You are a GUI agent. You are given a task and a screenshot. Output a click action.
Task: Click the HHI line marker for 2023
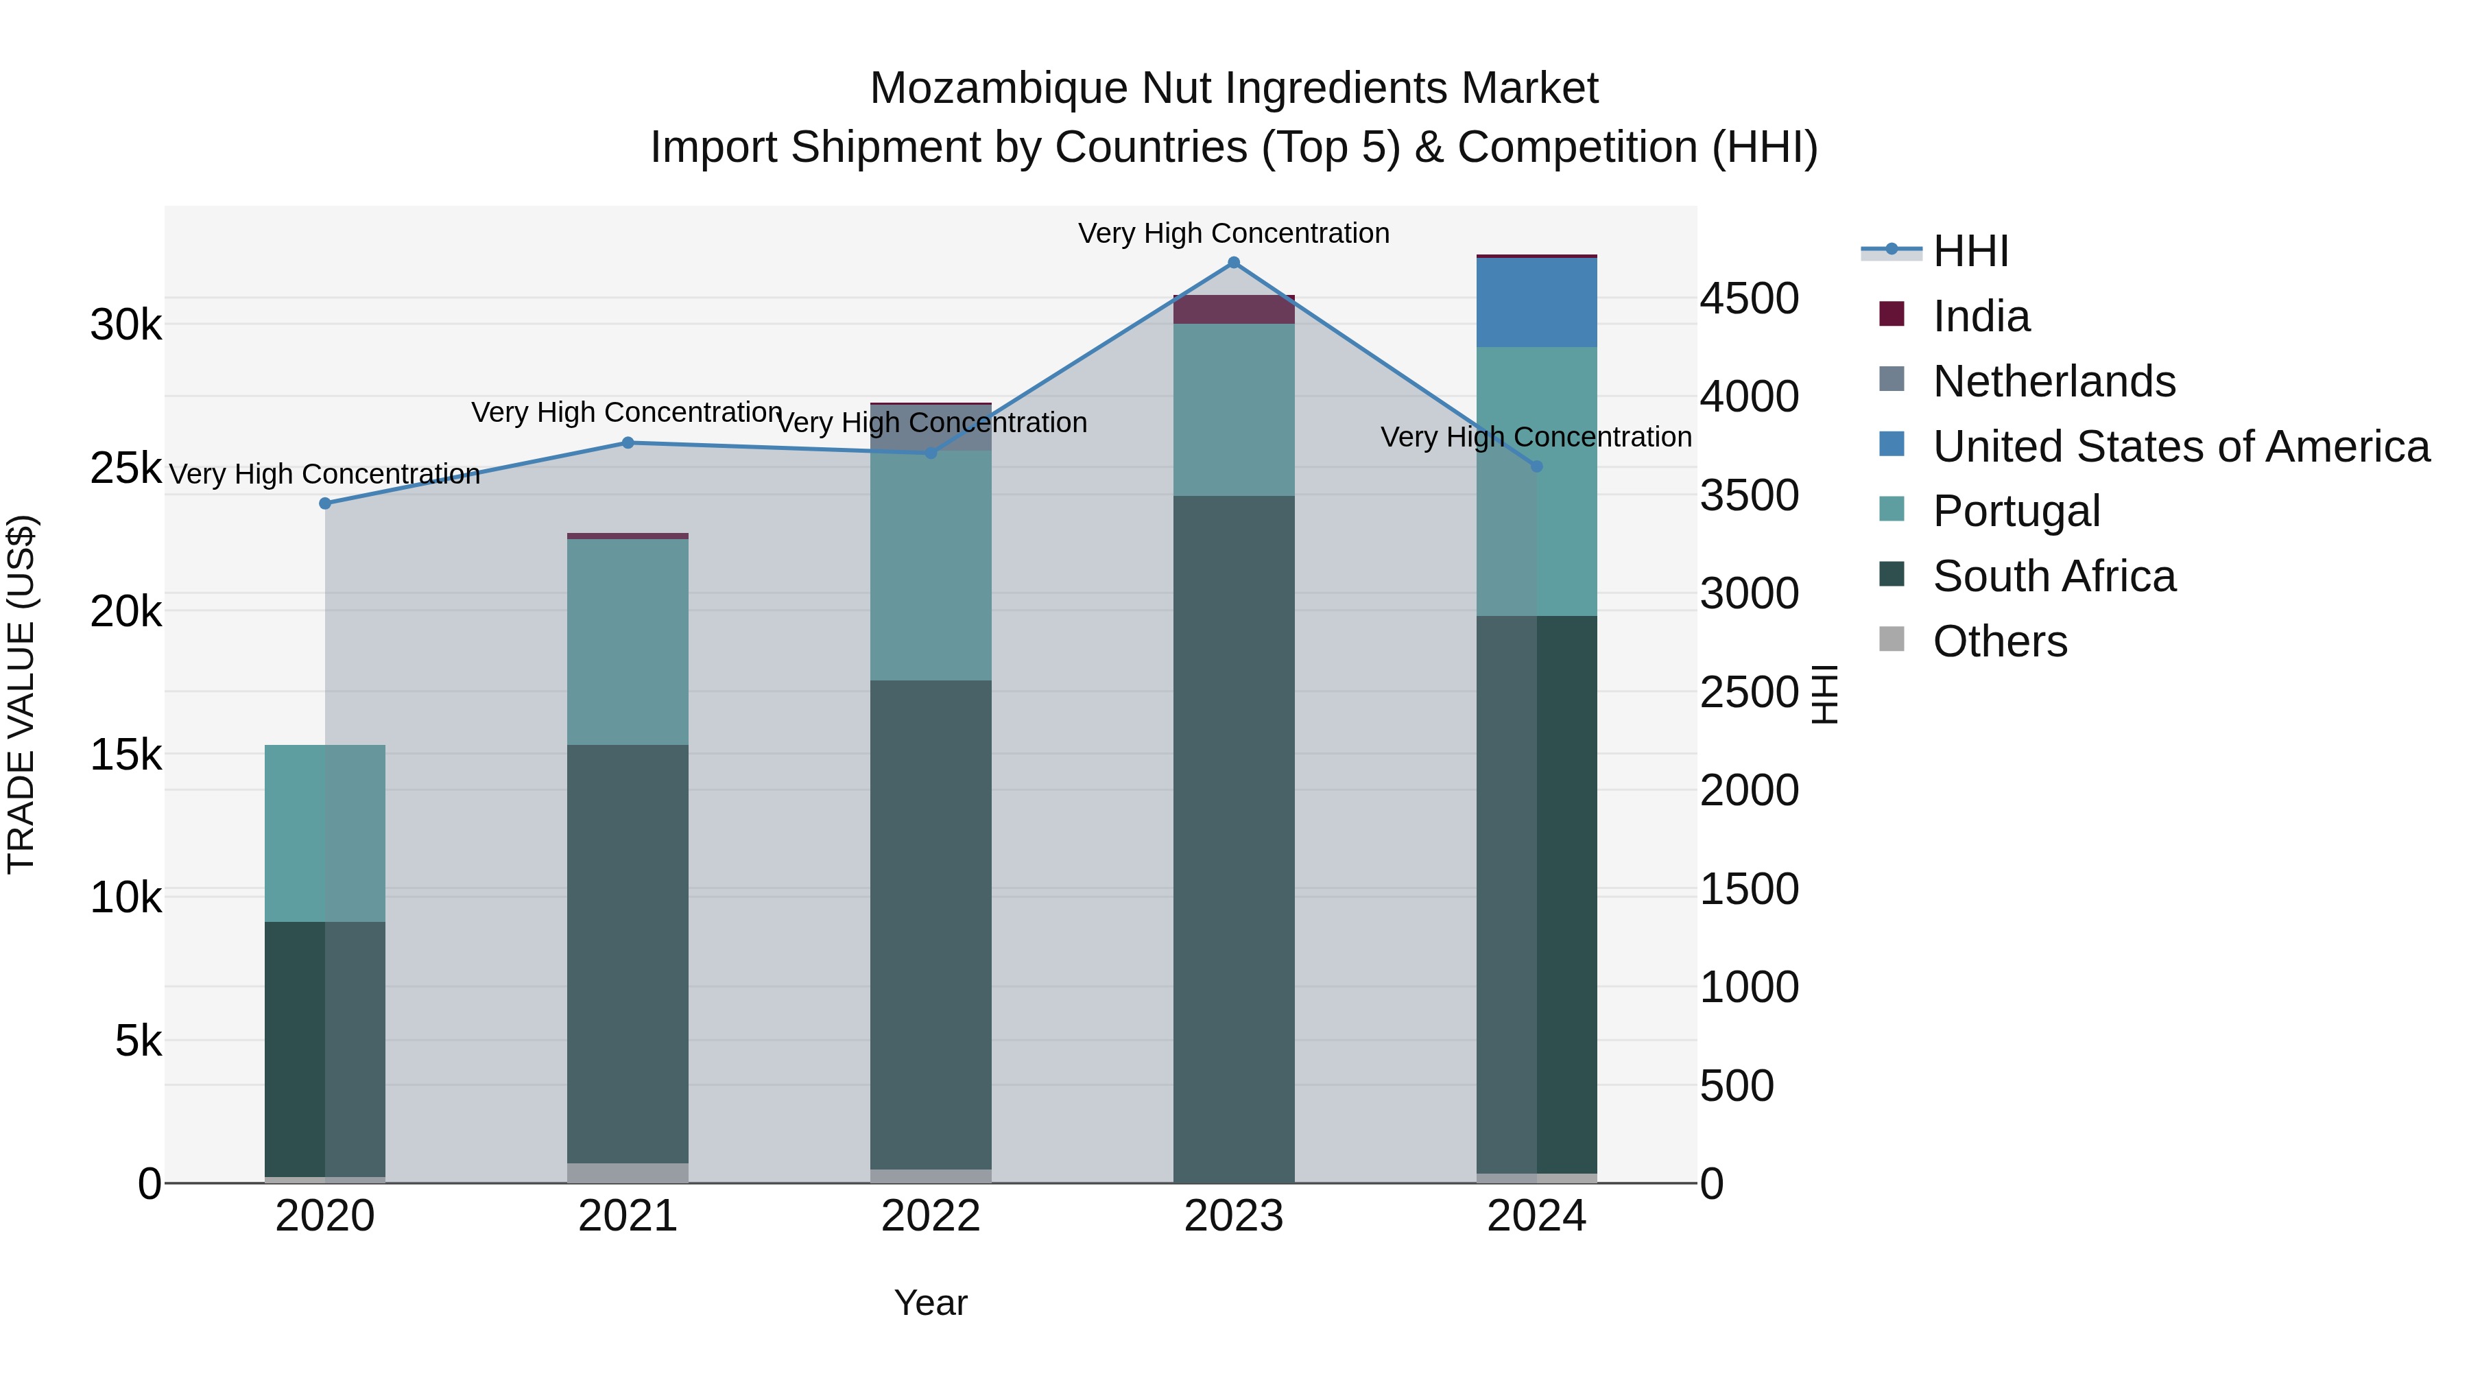1234,263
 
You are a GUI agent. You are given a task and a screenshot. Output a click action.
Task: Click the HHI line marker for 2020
325,503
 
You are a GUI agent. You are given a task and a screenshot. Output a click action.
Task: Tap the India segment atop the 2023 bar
1234,309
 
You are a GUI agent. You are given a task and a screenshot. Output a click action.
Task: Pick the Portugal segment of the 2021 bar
628,641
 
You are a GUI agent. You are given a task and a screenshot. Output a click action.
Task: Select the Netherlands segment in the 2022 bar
931,427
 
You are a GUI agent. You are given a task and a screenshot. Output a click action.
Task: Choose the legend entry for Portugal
2016,511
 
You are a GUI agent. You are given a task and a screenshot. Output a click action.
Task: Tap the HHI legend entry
1970,251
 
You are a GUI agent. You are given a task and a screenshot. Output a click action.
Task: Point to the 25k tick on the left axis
126,468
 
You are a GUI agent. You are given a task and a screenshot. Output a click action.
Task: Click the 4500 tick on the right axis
1749,298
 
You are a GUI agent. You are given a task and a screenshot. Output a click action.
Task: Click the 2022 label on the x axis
931,1216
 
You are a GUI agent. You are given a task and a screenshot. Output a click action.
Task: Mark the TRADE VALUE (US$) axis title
21,694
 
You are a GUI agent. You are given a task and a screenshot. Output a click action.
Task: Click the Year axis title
931,1303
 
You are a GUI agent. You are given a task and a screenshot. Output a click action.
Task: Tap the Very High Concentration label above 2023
1234,233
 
